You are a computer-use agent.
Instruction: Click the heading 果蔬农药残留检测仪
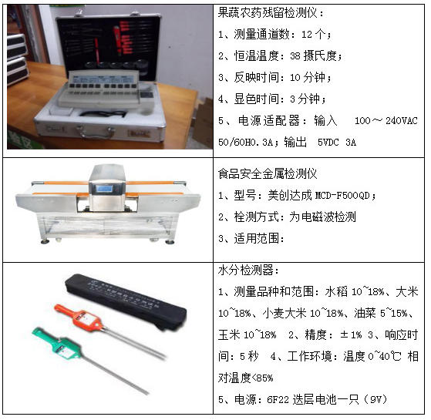(268, 12)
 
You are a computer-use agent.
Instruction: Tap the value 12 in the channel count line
(307, 35)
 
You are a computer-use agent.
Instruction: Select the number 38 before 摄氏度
(295, 56)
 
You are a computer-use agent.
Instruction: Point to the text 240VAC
(401, 121)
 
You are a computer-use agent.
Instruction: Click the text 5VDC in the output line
(328, 143)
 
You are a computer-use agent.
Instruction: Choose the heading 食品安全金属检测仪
(268, 174)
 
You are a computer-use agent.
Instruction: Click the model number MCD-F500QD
(342, 196)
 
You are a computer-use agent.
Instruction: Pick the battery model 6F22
(278, 400)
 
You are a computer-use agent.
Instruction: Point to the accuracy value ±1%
(351, 335)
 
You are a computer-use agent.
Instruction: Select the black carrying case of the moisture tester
(126, 301)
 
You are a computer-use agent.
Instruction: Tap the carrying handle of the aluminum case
(95, 132)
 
